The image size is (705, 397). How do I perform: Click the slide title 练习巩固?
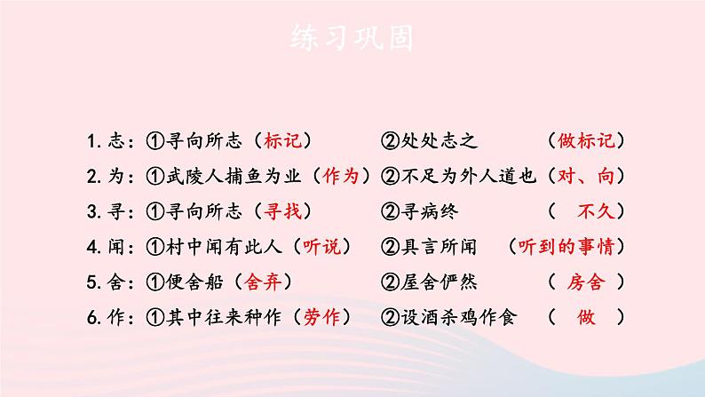point(352,37)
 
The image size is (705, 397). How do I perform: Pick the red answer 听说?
point(321,246)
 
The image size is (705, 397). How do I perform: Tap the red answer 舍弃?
point(262,282)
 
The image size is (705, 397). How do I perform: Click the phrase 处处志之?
point(439,140)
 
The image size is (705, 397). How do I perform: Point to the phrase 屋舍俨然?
point(439,282)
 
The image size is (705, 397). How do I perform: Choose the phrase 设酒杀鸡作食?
point(458,316)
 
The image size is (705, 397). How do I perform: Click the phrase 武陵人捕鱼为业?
point(234,176)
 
